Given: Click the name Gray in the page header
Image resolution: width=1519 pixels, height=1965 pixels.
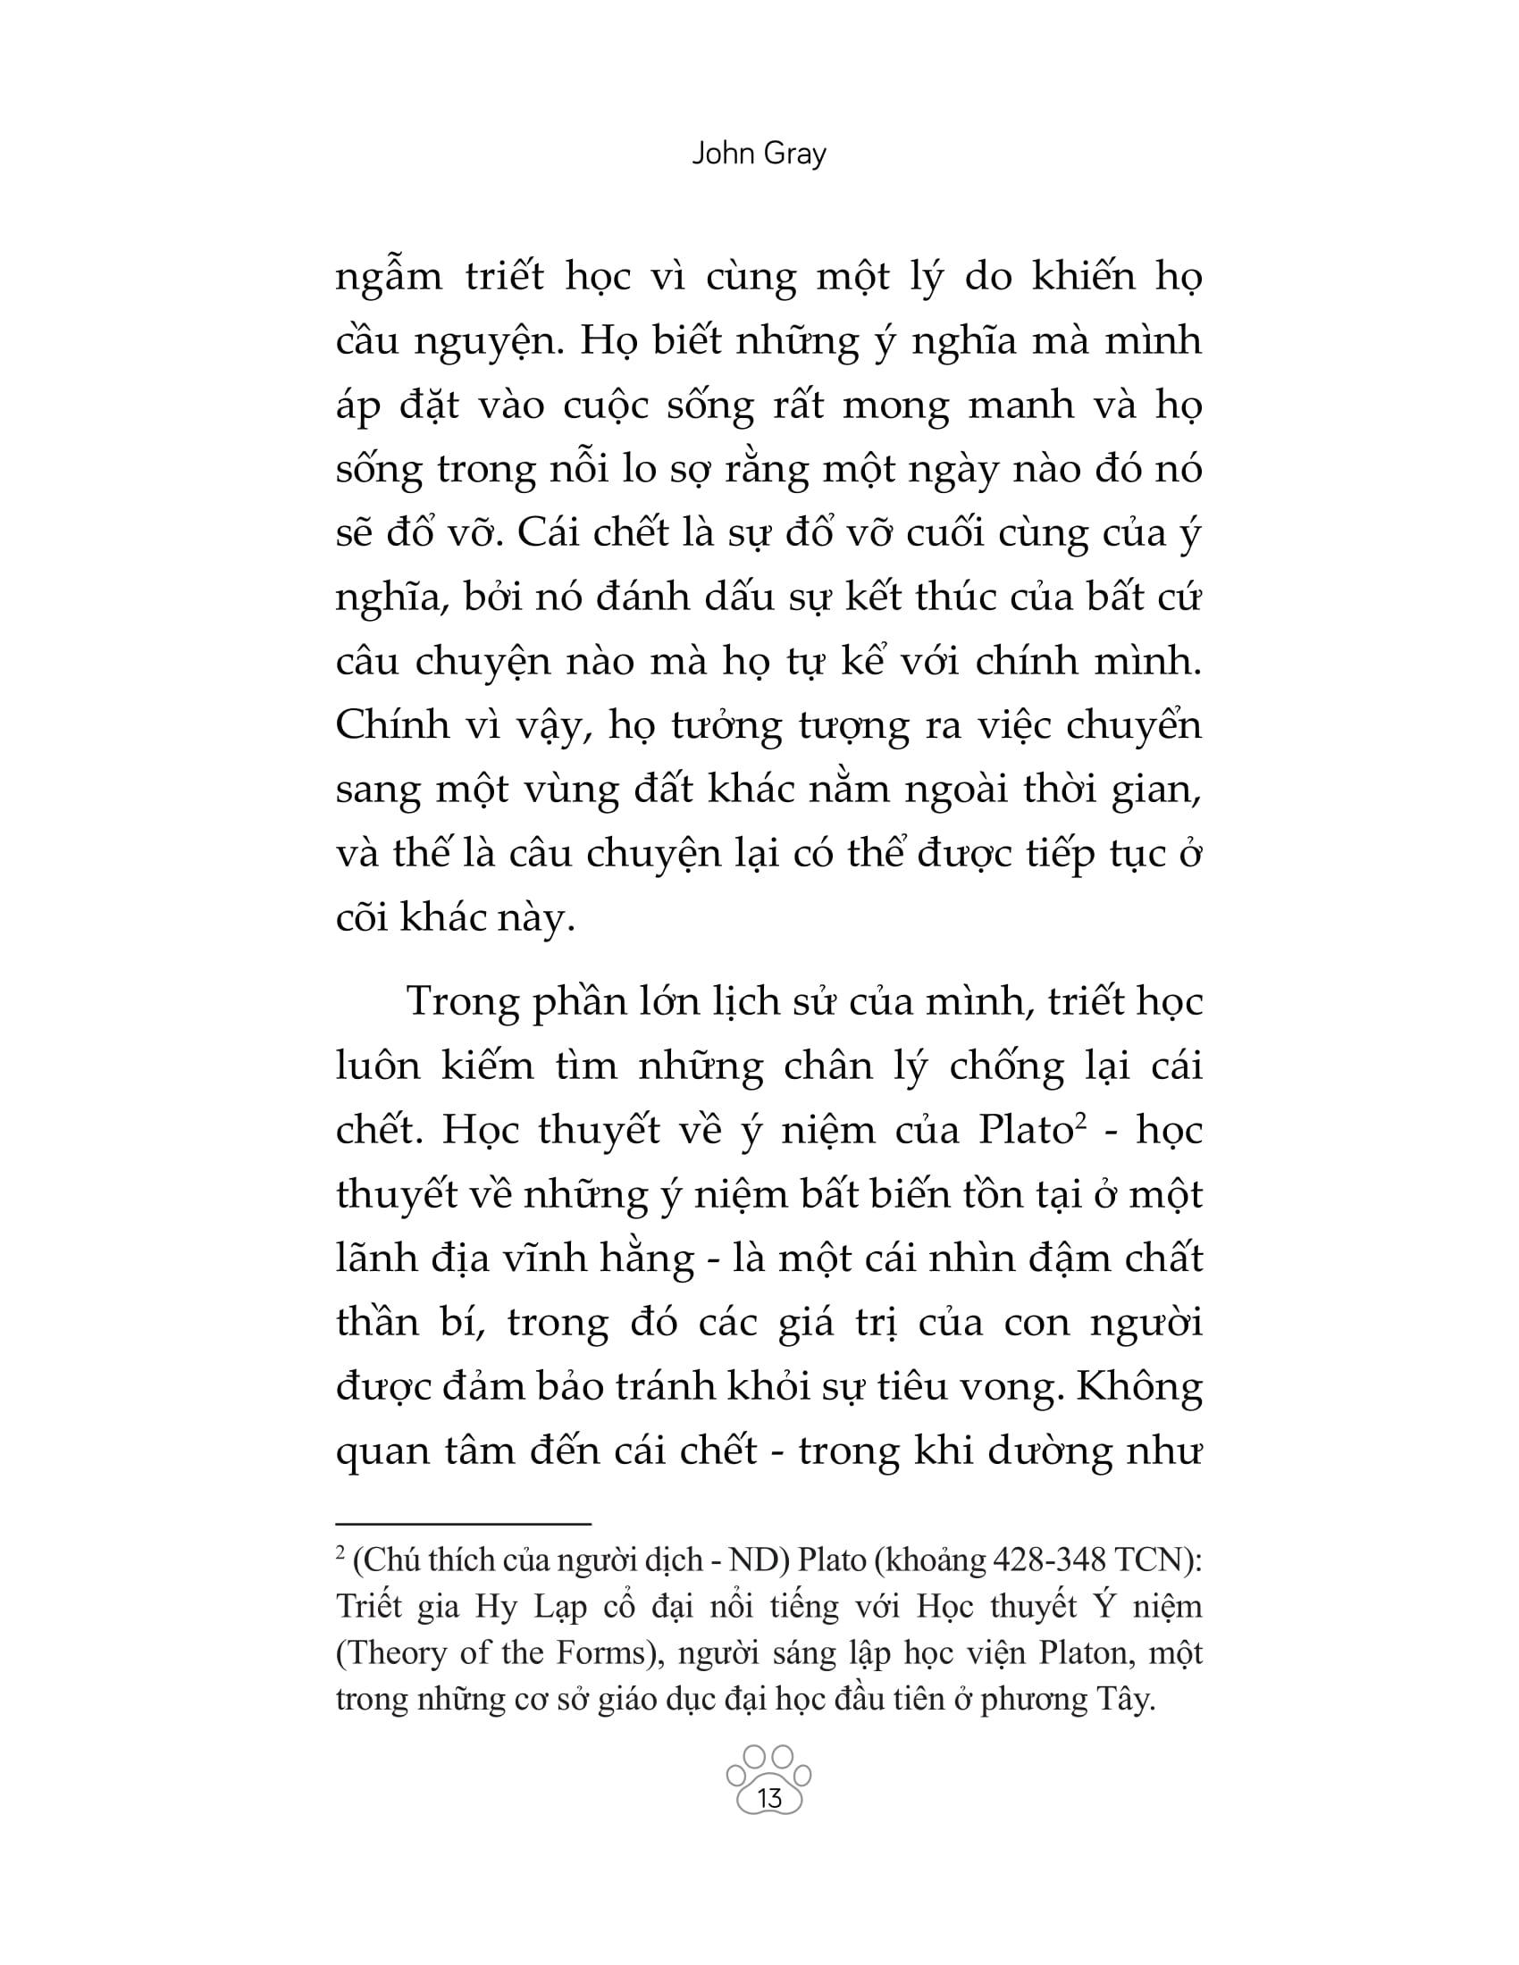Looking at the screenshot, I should point(793,155).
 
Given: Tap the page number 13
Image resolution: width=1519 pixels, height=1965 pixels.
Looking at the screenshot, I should point(770,1798).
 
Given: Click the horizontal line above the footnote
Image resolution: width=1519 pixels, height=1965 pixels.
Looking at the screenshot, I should point(463,1524).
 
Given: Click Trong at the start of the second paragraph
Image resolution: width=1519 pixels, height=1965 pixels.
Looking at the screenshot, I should point(463,1001).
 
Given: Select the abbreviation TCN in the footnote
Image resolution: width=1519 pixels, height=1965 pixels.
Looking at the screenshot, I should point(1153,1559).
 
